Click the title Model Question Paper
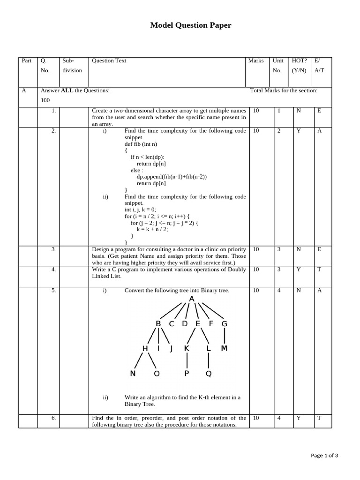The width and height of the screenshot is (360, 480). point(190,25)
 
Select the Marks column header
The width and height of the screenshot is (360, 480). point(256,61)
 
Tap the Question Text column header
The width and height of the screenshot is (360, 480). point(109,61)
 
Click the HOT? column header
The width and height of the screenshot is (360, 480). point(299,61)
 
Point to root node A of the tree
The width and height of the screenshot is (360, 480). point(191,299)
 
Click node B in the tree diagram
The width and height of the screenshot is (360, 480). point(158,323)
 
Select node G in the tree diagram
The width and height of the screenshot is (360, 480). point(224,323)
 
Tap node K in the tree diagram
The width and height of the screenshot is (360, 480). point(187,348)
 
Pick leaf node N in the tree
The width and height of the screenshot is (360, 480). point(133,374)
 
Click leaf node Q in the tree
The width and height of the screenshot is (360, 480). point(209,374)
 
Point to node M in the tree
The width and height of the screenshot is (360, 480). point(224,348)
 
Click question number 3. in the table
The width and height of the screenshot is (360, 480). point(54,250)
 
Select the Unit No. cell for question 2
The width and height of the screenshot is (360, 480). point(279,131)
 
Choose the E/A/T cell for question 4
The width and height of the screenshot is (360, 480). point(319,270)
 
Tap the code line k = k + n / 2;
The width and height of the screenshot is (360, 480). point(152,230)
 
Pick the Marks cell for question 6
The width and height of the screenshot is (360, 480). point(256,418)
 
